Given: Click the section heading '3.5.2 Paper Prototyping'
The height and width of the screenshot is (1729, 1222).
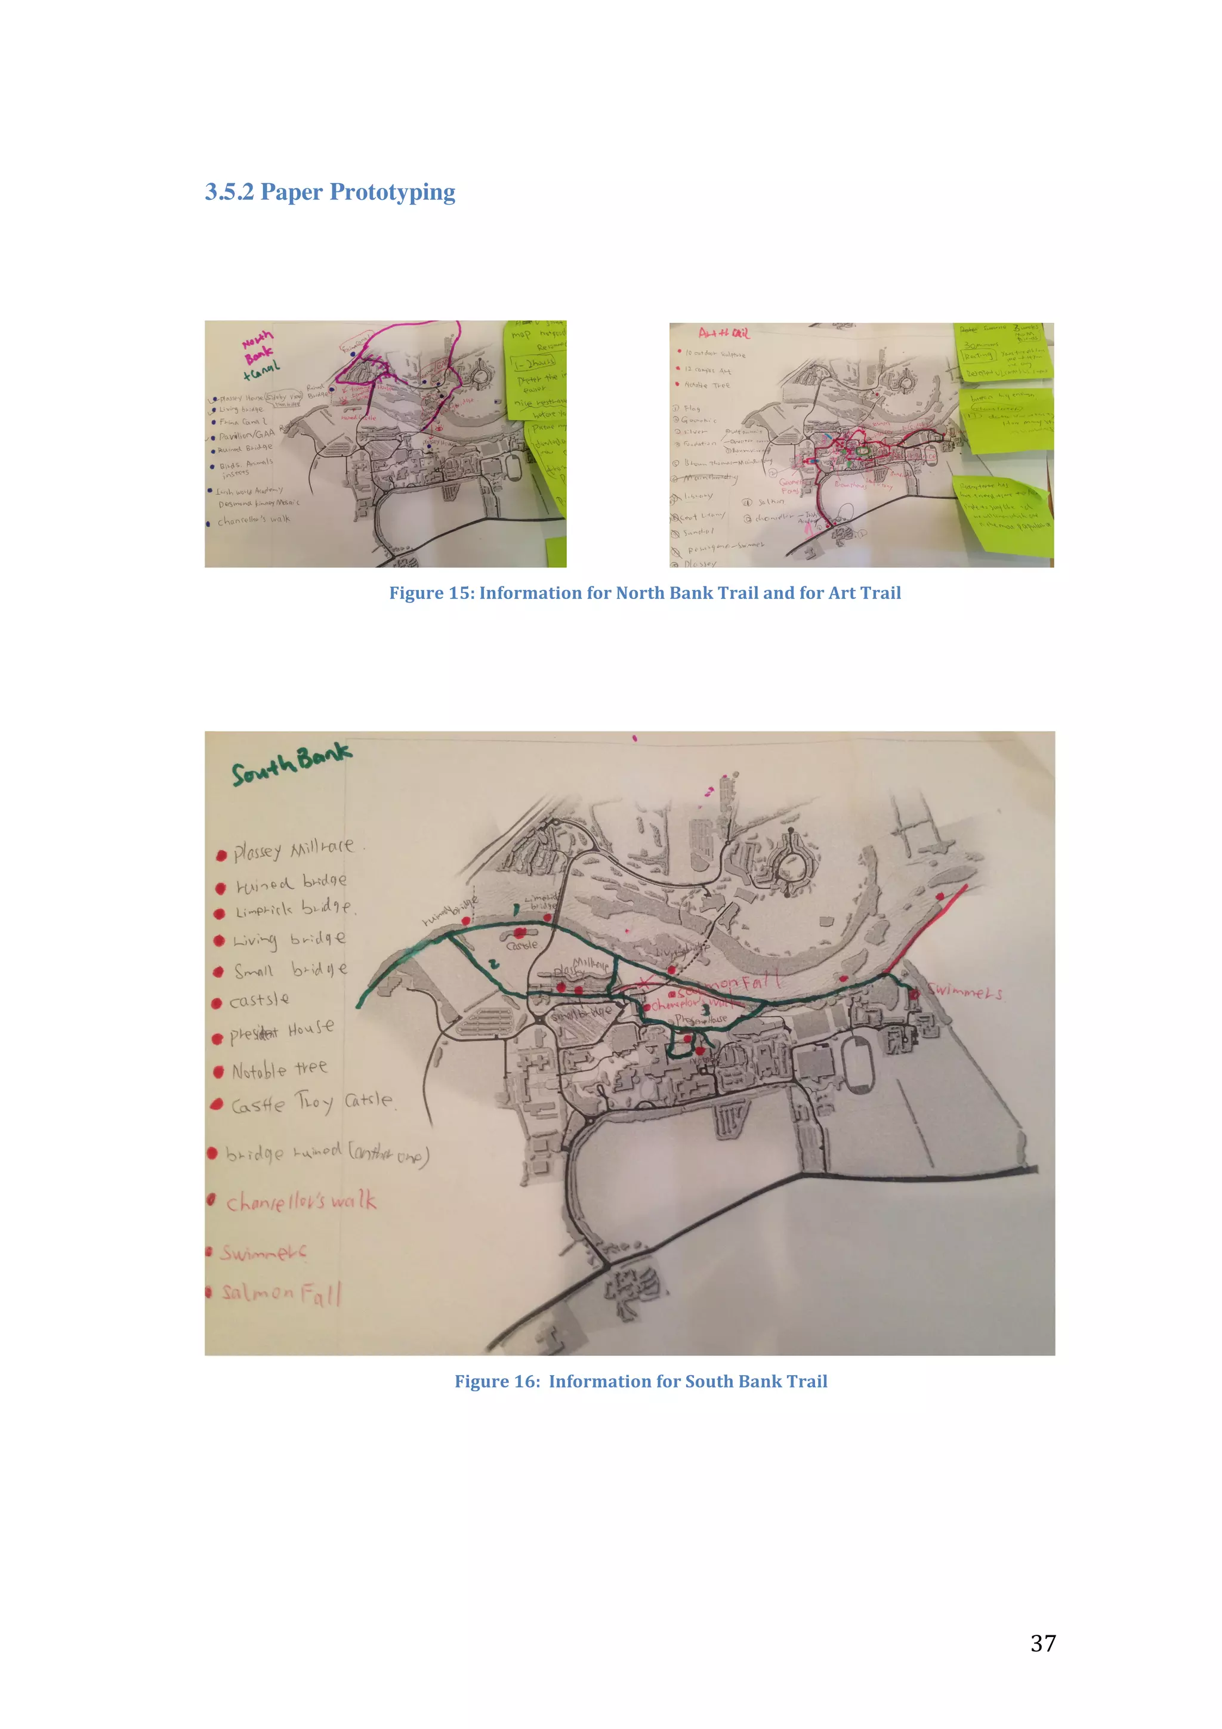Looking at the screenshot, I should pos(330,192).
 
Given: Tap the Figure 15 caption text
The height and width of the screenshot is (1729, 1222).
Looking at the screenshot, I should pos(644,594).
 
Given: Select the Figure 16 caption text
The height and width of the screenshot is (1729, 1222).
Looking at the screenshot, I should pos(641,1381).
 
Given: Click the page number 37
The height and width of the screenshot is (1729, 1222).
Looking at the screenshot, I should pos(1043,1643).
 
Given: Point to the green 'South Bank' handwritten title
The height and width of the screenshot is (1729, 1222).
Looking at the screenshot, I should pos(291,764).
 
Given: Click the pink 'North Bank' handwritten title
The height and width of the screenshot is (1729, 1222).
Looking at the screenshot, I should pos(258,348).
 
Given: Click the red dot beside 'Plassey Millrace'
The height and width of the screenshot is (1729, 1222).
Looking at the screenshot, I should pos(221,856).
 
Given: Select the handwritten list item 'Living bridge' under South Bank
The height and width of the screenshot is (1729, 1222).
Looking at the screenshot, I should pos(289,940).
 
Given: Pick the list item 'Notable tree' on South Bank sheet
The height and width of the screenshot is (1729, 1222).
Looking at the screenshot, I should pos(279,1069).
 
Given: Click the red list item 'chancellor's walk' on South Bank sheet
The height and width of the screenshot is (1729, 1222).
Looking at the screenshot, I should pos(300,1201).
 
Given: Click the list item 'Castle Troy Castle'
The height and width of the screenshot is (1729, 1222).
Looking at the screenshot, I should pos(311,1103).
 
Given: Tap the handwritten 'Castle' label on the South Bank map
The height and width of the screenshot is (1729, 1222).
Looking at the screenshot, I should pos(521,945).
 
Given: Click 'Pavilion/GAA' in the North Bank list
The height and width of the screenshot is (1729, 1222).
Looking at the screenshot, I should pos(247,436).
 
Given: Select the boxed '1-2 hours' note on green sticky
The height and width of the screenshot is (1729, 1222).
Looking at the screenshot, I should pos(534,363).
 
